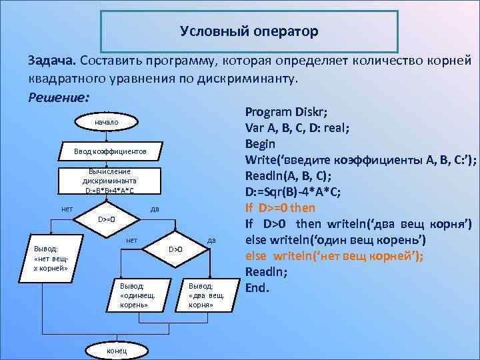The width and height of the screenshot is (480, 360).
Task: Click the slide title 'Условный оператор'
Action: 249,31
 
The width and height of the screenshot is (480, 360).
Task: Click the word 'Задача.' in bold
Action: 52,61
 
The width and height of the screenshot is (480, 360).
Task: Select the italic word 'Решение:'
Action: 58,97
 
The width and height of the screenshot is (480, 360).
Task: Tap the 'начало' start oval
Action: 107,123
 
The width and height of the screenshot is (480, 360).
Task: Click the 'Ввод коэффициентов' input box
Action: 110,153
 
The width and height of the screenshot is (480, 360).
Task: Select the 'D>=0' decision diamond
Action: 107,219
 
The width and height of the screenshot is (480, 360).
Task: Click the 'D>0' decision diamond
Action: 175,249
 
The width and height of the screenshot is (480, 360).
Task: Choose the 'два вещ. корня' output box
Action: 201,295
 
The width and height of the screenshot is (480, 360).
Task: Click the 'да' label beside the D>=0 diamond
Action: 155,208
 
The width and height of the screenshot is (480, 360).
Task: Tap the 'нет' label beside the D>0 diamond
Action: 132,239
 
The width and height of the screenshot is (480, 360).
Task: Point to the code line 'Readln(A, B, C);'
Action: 288,176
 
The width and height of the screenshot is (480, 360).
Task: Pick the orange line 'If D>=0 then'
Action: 280,207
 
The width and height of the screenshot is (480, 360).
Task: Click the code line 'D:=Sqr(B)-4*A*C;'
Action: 293,192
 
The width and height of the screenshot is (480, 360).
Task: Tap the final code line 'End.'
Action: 257,288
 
